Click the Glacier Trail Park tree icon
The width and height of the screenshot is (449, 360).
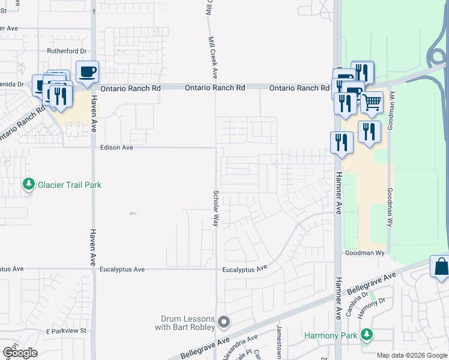28,185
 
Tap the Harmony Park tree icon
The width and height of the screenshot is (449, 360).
366,335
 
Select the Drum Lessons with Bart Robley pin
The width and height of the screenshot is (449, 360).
224,323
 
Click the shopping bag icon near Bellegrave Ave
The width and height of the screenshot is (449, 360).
441,268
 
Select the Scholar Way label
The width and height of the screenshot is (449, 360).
215,208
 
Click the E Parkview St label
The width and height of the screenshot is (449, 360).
66,331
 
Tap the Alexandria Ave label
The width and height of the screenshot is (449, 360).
240,347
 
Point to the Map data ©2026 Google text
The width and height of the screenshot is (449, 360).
412,355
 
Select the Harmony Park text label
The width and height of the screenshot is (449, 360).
330,335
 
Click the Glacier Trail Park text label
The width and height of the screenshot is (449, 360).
70,185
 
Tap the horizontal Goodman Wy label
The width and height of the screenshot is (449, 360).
364,253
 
